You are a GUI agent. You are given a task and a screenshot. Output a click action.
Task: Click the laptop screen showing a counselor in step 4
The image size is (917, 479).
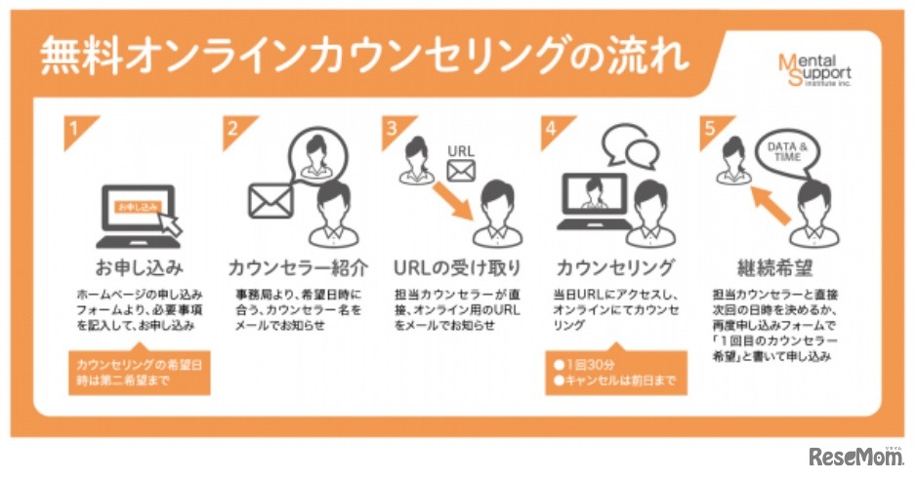coord(592,193)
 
